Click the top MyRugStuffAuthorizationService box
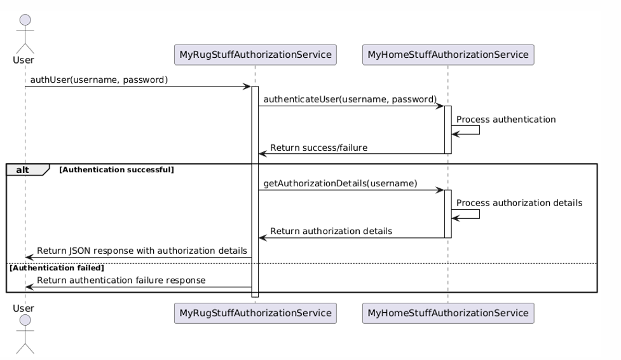255,55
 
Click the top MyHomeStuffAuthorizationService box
447,55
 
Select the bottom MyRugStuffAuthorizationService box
255,313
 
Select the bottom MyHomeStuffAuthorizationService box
447,313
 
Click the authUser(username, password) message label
99,80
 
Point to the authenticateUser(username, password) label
350,99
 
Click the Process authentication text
506,119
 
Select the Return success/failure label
318,148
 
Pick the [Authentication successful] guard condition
116,170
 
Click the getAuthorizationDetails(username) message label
340,184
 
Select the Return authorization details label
331,232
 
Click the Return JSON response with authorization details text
142,251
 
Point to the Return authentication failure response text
121,280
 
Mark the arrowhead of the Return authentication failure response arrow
29,287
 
